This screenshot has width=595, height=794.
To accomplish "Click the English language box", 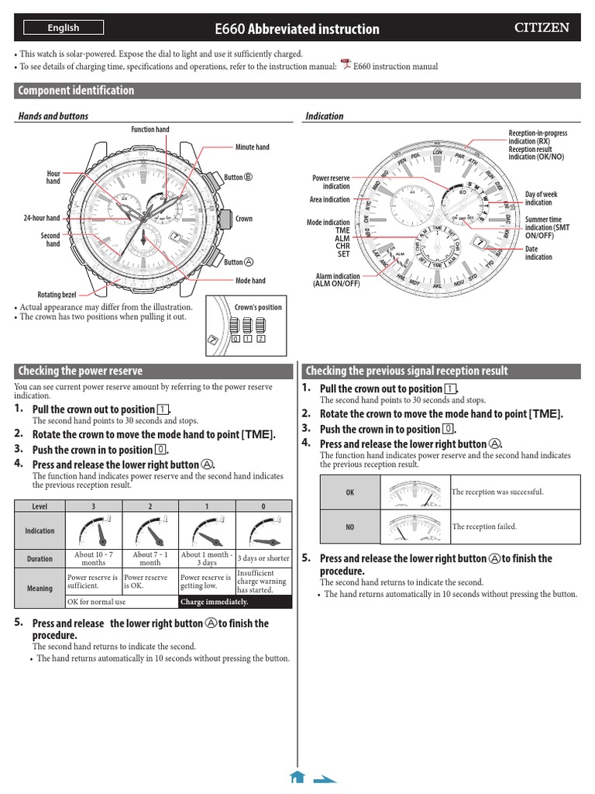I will (63, 28).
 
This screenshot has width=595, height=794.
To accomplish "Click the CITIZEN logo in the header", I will (542, 28).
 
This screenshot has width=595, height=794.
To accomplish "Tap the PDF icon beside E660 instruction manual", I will (346, 65).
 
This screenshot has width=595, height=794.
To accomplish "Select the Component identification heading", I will (76, 91).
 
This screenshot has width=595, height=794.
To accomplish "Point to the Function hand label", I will (150, 129).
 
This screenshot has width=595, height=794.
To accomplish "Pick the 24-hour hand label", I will (42, 219).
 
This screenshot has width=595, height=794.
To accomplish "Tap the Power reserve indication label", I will (331, 182).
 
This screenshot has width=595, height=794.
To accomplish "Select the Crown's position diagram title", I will (258, 307).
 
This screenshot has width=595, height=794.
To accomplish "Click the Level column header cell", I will (40, 506).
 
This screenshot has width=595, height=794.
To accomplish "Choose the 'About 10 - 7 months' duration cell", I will (94, 558).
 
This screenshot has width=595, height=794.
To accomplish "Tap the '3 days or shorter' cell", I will (263, 558).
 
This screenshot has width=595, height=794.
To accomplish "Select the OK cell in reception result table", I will (350, 492).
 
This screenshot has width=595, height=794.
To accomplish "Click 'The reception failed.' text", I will (484, 526).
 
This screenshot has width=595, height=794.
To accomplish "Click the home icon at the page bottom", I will (297, 777).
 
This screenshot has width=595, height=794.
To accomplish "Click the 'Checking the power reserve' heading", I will (81, 371).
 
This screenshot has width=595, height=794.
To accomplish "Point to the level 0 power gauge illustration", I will (263, 531).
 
